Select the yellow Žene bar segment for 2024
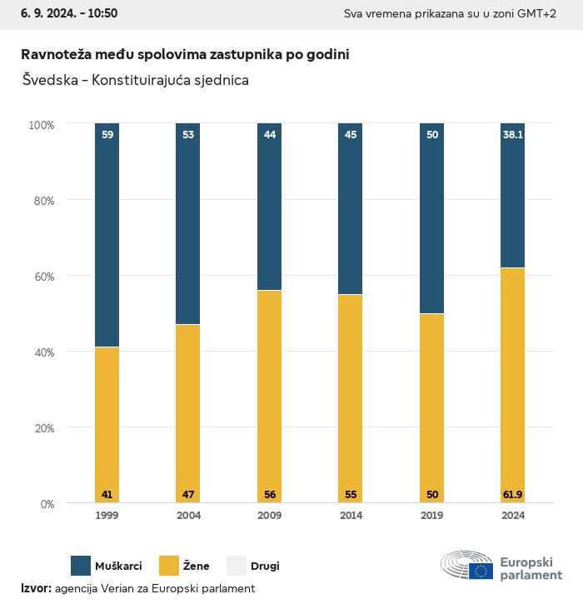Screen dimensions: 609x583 (512, 383)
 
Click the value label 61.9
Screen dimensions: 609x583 (512, 495)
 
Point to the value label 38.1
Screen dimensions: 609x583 (512, 133)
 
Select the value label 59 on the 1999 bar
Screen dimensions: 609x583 (107, 133)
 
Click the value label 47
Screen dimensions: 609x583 (188, 495)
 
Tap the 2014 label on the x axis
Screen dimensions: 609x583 (351, 516)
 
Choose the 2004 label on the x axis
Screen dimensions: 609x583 (188, 516)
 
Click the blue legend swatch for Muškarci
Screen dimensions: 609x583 (81, 566)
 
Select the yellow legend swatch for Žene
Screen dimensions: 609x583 (170, 566)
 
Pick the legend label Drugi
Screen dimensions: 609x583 (266, 567)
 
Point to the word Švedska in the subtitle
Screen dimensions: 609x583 (49, 80)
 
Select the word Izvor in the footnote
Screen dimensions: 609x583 (36, 588)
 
